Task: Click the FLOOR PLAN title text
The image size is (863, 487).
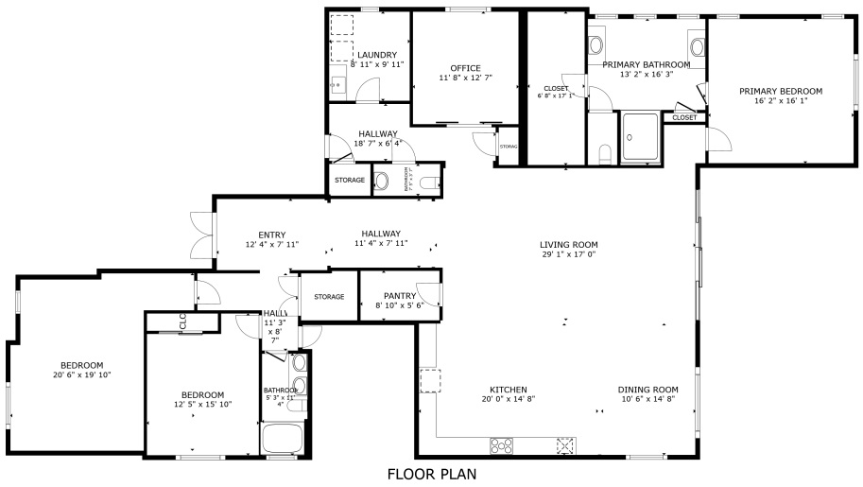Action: tap(431, 474)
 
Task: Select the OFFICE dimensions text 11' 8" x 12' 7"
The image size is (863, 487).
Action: tap(465, 78)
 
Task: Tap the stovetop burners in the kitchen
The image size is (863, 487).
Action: tap(501, 444)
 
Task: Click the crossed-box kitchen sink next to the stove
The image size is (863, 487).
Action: tap(565, 444)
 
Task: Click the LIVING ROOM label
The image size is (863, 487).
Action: tap(568, 244)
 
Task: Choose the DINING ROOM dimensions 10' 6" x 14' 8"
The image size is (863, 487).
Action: tap(648, 399)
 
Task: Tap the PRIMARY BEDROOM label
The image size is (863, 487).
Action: tap(780, 92)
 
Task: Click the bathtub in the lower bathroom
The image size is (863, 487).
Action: tap(281, 439)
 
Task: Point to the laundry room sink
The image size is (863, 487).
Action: tap(336, 86)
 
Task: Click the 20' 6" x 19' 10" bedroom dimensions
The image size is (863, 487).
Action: tap(82, 374)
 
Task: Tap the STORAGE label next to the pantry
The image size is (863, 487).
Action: tap(329, 297)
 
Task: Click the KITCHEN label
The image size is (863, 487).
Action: tap(508, 390)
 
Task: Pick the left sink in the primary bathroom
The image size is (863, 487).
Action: tap(596, 44)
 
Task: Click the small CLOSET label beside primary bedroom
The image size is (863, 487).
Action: tap(684, 117)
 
